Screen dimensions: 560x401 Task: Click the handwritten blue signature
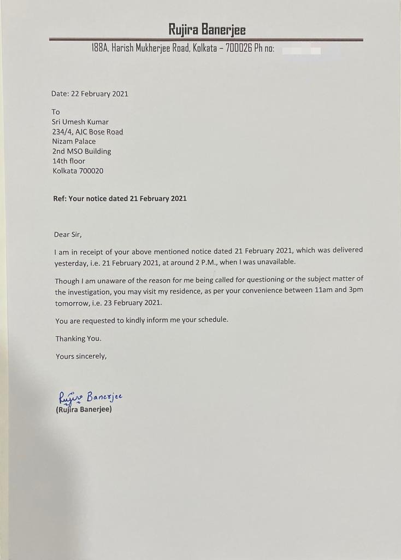point(91,396)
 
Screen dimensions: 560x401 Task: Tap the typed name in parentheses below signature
point(84,409)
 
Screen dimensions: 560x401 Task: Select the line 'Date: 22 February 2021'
point(90,94)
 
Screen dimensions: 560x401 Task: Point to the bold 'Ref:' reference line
point(120,199)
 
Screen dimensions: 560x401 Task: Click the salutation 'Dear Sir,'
point(68,235)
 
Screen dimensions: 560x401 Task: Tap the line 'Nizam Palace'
point(74,141)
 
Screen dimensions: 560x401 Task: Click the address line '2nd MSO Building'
point(81,151)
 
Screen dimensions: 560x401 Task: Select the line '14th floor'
point(69,161)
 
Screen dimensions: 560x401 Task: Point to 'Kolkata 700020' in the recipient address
point(78,171)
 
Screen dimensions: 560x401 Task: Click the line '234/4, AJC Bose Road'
point(87,132)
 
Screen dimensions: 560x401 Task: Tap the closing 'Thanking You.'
point(78,339)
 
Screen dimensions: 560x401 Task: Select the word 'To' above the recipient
point(56,112)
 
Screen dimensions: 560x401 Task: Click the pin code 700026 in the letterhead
point(238,49)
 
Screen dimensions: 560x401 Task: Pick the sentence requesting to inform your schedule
point(141,320)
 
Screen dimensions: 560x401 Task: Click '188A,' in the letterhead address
point(101,49)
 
